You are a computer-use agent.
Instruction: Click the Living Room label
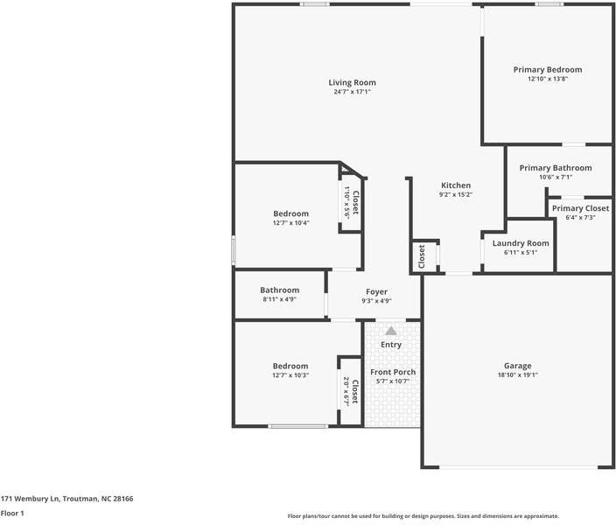coord(352,83)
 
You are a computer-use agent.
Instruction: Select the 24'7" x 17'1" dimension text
coord(352,92)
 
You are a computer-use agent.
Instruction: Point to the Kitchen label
coord(456,185)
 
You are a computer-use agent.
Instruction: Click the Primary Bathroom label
coord(556,168)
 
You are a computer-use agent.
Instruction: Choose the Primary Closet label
coord(580,208)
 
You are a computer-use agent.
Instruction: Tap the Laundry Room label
coord(521,243)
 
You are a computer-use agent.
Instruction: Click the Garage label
coord(517,366)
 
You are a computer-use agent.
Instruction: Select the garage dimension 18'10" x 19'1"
coord(517,374)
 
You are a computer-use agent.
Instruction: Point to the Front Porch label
coord(393,372)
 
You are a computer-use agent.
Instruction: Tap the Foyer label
coord(376,292)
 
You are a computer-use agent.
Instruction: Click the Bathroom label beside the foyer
coord(279,290)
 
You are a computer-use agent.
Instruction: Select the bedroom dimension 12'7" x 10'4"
coord(290,222)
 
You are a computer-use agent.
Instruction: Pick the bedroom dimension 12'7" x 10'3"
coord(290,374)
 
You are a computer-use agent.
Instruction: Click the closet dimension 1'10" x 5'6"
coord(347,203)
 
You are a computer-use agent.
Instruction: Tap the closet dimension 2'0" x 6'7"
coord(346,391)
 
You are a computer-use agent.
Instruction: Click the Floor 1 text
coord(11,514)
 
